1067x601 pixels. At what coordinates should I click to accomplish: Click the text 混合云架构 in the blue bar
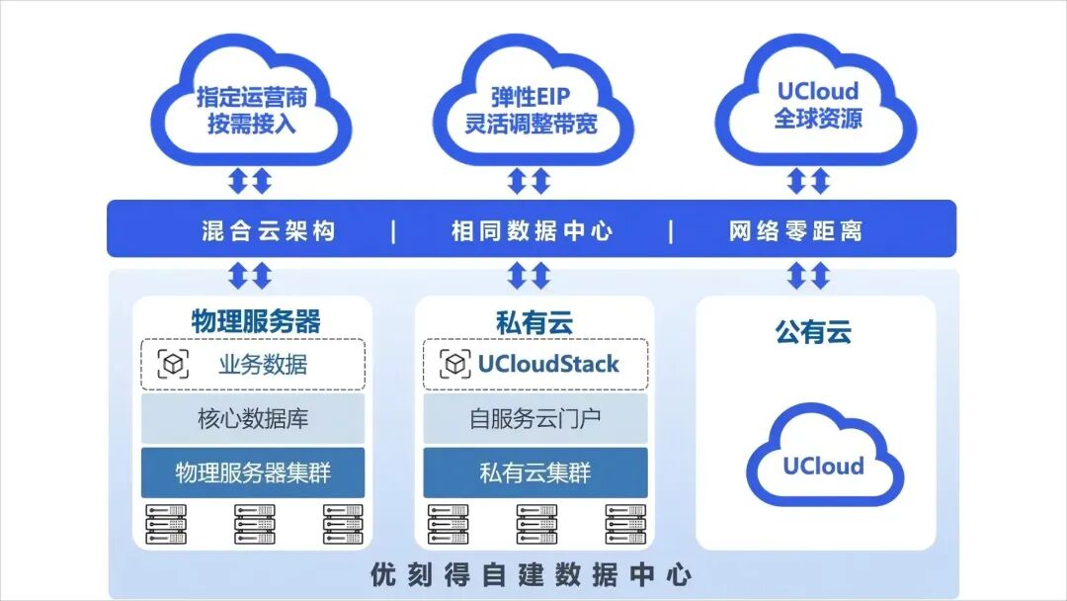pyautogui.click(x=269, y=231)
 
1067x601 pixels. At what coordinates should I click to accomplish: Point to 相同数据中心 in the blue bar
pyautogui.click(x=532, y=231)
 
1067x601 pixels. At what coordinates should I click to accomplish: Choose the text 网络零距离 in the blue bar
pyautogui.click(x=795, y=231)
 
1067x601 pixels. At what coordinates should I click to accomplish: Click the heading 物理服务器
pyautogui.click(x=255, y=322)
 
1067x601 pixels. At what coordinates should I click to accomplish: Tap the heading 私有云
pyautogui.click(x=534, y=322)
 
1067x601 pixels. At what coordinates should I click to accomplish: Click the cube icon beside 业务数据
pyautogui.click(x=174, y=365)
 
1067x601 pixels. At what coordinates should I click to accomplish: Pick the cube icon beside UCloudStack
pyautogui.click(x=454, y=365)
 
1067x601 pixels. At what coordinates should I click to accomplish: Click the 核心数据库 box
pyautogui.click(x=253, y=418)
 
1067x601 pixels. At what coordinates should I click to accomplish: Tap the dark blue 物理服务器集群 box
pyautogui.click(x=253, y=472)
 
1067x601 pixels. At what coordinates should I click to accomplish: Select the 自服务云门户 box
pyautogui.click(x=534, y=418)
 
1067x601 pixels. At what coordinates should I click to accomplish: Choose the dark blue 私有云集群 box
pyautogui.click(x=534, y=472)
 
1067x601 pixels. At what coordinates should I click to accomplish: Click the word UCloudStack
pyautogui.click(x=548, y=365)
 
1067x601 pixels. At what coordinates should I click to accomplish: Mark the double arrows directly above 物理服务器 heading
pyautogui.click(x=250, y=276)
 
